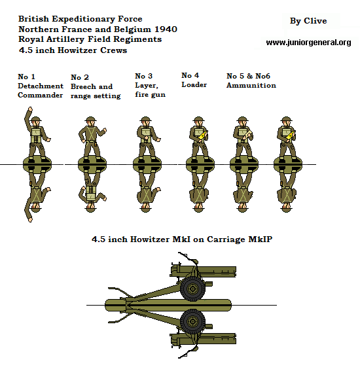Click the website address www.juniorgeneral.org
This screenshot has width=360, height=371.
(x=308, y=43)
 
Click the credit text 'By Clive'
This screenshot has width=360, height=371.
(x=308, y=21)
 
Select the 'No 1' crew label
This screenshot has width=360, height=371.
(x=26, y=77)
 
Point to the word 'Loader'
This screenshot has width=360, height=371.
(x=194, y=84)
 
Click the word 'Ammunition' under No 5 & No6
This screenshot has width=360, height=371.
(x=251, y=85)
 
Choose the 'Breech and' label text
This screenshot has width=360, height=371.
(x=92, y=86)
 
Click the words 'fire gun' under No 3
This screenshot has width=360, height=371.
(x=151, y=94)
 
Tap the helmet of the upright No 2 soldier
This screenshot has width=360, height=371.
(x=90, y=119)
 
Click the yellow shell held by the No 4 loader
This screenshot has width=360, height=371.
(x=203, y=135)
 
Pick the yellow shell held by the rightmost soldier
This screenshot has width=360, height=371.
(x=291, y=135)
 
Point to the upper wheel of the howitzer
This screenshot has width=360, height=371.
(x=192, y=289)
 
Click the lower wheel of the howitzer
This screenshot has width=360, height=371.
(x=192, y=321)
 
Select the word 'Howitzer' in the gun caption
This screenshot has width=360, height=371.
(x=150, y=239)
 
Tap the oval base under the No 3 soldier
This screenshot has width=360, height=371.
(x=147, y=164)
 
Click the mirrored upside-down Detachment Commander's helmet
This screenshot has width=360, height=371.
(x=36, y=209)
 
